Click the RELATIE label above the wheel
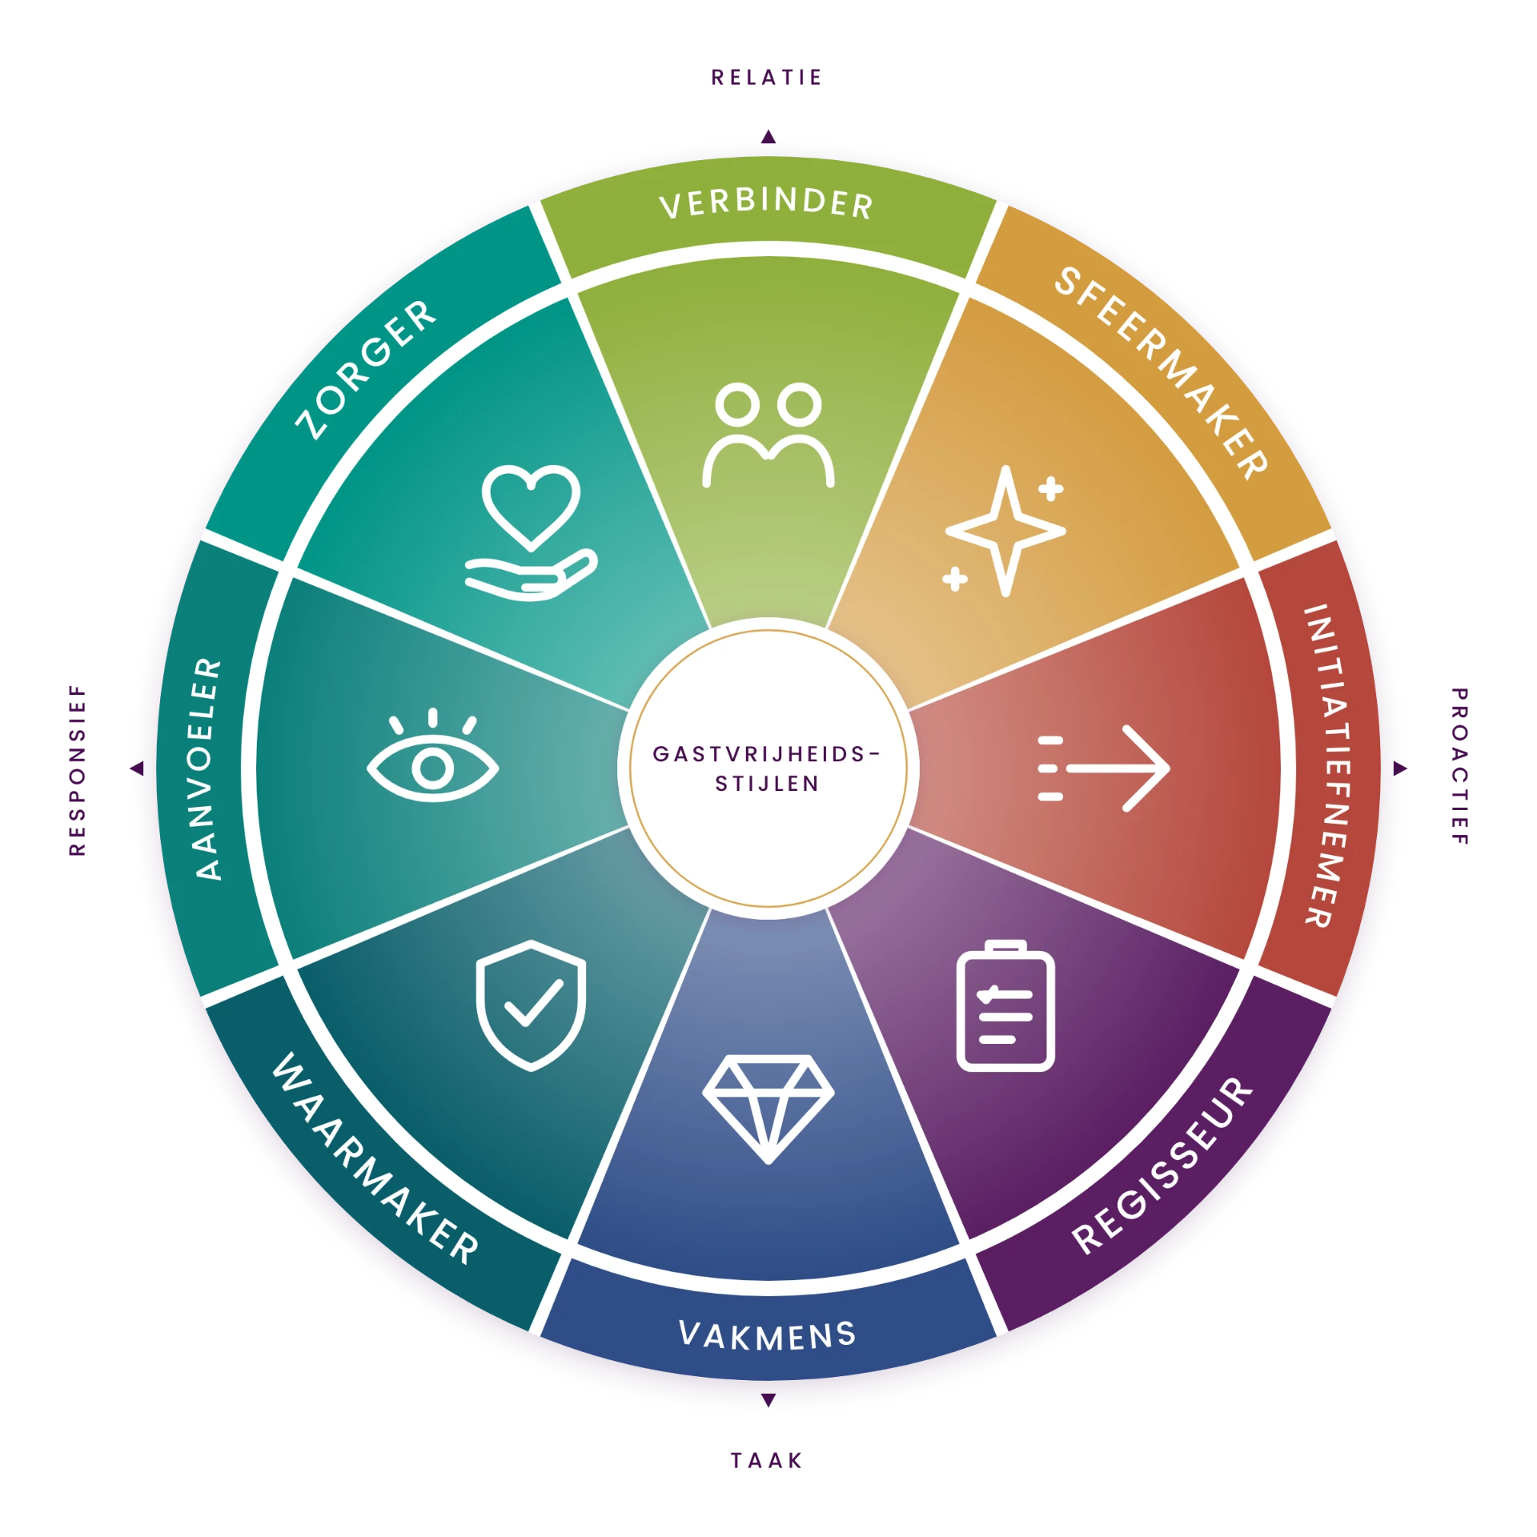pyautogui.click(x=767, y=78)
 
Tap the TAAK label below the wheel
pyautogui.click(x=767, y=1461)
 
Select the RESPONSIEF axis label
pyautogui.click(x=78, y=770)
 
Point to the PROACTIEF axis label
pyautogui.click(x=1459, y=766)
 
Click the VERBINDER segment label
pyautogui.click(x=767, y=203)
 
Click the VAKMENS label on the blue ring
pyautogui.click(x=767, y=1334)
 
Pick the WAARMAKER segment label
pyautogui.click(x=375, y=1159)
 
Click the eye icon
pyautogui.click(x=433, y=755)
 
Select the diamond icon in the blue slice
pyautogui.click(x=768, y=1110)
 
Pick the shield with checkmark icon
pyautogui.click(x=531, y=1005)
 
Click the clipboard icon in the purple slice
pyautogui.click(x=1005, y=1005)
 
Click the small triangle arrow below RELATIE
pyautogui.click(x=768, y=137)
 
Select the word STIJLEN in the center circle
pyautogui.click(x=767, y=784)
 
